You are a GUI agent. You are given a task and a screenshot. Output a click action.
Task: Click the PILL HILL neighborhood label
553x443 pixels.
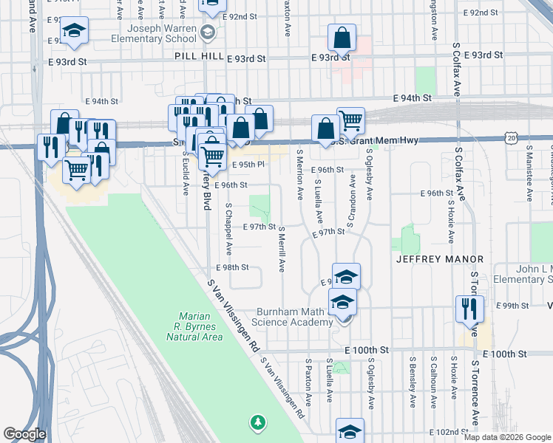click(198, 56)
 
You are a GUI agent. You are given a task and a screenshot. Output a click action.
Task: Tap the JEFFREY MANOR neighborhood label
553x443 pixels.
click(440, 259)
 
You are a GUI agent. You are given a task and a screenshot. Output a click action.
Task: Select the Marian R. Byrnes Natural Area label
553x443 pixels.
click(195, 326)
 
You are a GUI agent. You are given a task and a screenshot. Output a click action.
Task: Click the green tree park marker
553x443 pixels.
click(257, 422)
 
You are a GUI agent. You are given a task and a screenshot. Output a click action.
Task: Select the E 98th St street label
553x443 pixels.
click(232, 267)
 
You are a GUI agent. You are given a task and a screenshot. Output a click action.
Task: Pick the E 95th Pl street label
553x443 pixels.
click(248, 165)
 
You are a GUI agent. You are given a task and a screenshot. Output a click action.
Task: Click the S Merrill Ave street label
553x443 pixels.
click(281, 249)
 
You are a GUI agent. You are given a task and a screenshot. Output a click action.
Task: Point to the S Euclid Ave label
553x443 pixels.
click(186, 175)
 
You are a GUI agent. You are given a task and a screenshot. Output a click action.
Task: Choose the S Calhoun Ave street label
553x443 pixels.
click(433, 382)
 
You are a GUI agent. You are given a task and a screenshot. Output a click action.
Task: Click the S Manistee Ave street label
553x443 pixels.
click(529, 174)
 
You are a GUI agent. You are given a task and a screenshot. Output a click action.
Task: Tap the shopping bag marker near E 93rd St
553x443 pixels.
click(342, 37)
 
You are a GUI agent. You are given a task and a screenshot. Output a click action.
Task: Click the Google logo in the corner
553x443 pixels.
click(24, 434)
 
